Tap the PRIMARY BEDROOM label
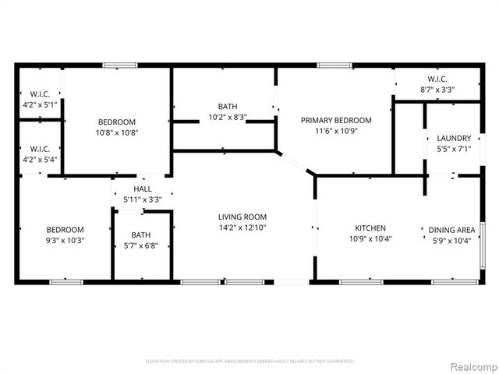click(x=336, y=120)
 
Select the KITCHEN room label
click(x=370, y=228)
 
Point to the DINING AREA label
click(x=451, y=230)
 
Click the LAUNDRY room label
click(x=453, y=137)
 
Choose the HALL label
click(x=143, y=189)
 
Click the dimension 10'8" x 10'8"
click(x=116, y=132)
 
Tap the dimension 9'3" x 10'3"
click(x=65, y=240)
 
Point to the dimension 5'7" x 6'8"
click(x=141, y=245)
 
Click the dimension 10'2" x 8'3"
click(x=227, y=118)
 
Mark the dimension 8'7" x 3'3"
click(x=437, y=90)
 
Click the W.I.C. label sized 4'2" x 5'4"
click(x=39, y=149)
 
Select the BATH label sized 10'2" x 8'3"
click(x=227, y=107)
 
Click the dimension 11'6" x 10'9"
click(x=336, y=132)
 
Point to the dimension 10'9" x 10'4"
click(x=370, y=238)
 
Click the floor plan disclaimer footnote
click(x=249, y=362)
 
